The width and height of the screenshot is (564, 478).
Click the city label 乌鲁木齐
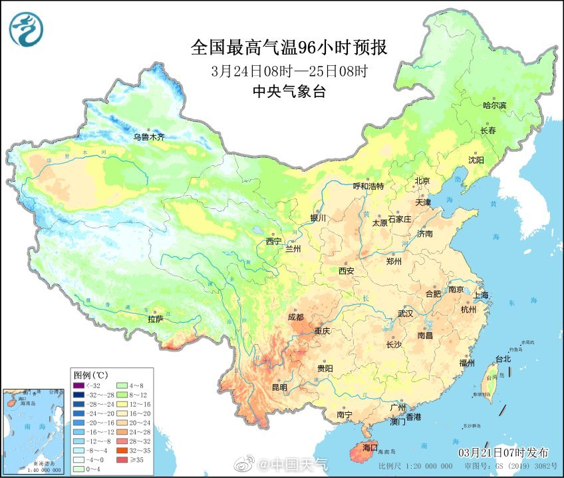[x=148, y=137]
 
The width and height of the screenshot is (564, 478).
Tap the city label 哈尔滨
[x=494, y=105]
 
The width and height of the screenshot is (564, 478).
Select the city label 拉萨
[x=155, y=319]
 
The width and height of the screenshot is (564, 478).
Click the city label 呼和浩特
[x=368, y=186]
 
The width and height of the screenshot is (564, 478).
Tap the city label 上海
[x=480, y=295]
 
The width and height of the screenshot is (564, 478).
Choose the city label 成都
[x=297, y=318]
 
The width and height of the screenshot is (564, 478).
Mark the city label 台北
[x=503, y=359]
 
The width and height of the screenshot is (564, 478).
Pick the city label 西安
[x=346, y=270]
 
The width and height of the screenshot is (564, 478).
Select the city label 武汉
[x=405, y=312]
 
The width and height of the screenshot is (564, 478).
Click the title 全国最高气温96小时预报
[x=289, y=48]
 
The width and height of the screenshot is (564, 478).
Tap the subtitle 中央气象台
[x=289, y=92]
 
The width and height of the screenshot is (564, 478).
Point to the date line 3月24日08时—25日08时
[x=289, y=71]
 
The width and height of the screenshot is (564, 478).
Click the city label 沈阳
[x=475, y=160]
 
